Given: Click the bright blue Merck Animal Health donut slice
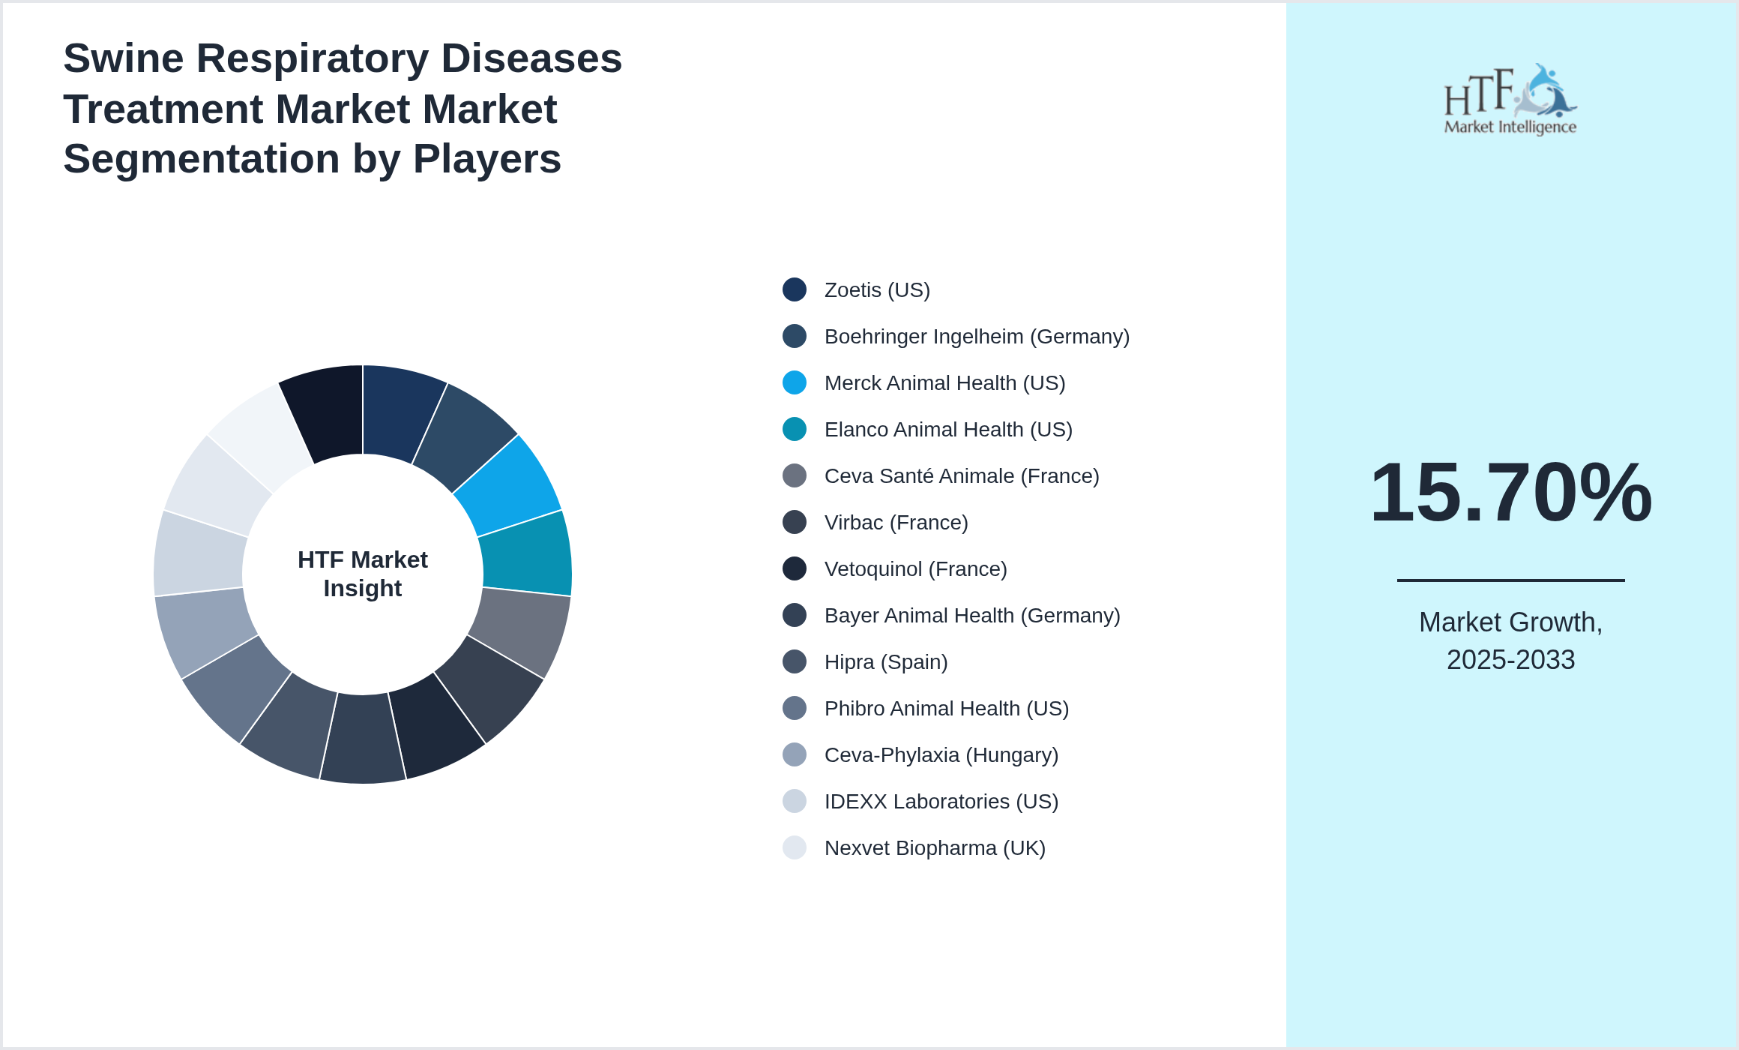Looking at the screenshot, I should pyautogui.click(x=510, y=484).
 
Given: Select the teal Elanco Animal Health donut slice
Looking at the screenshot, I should pyautogui.click(x=527, y=551).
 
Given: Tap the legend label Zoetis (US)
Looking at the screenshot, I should pyautogui.click(x=876, y=290).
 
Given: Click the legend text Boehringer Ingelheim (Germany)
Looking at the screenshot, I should pyautogui.click(x=976, y=337).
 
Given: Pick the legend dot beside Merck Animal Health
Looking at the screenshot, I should pyautogui.click(x=795, y=382).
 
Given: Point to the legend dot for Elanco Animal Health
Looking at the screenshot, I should pyautogui.click(x=795, y=429).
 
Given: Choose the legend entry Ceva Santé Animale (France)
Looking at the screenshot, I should pyautogui.click(x=961, y=476).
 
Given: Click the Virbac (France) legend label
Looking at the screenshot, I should pyautogui.click(x=896, y=523).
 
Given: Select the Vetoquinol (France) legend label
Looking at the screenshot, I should pyautogui.click(x=915, y=569).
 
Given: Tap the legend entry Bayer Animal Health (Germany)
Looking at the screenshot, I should pyautogui.click(x=971, y=616).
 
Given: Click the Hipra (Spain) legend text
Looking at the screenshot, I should pyautogui.click(x=885, y=662).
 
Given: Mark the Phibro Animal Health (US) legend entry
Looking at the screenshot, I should pyautogui.click(x=946, y=709).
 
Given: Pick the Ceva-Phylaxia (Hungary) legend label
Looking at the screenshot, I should pyautogui.click(x=941, y=755).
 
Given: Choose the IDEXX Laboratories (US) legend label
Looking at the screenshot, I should pyautogui.click(x=941, y=802).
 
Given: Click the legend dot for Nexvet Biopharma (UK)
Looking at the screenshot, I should pyautogui.click(x=795, y=847).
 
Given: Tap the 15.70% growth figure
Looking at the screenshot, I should pyautogui.click(x=1510, y=493).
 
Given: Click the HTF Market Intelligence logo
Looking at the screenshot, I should pyautogui.click(x=1510, y=100).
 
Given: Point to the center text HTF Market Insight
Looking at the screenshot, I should pyautogui.click(x=363, y=574).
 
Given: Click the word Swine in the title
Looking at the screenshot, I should pyautogui.click(x=123, y=58).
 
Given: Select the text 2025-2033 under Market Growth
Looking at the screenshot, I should pyautogui.click(x=1510, y=660).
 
